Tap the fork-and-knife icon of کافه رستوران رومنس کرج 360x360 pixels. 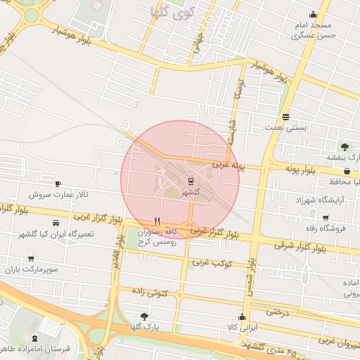[x=156, y=220]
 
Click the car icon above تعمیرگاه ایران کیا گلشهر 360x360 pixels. [x=55, y=243]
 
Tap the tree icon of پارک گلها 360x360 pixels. [x=145, y=316]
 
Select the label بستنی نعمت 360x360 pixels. [x=285, y=128]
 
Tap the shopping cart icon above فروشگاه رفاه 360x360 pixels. [x=325, y=217]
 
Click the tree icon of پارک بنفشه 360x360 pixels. [x=345, y=146]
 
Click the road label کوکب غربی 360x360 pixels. [x=212, y=263]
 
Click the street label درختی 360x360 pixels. [x=277, y=310]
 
